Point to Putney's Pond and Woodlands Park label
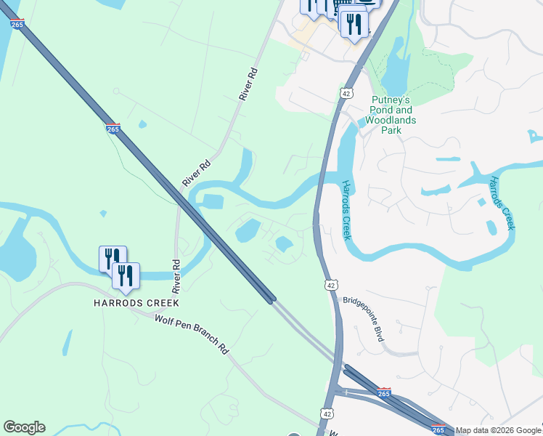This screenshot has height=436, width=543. click(391, 115)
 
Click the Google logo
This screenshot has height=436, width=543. click(24, 427)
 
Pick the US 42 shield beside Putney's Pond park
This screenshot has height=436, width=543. click(346, 93)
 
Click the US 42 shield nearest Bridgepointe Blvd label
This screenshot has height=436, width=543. click(331, 286)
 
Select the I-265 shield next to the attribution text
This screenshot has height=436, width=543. click(438, 430)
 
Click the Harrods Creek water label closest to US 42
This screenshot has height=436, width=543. click(346, 210)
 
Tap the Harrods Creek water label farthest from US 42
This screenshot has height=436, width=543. click(502, 203)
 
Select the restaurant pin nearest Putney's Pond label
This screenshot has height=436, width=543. click(354, 25)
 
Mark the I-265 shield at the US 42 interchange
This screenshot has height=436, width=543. click(384, 392)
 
